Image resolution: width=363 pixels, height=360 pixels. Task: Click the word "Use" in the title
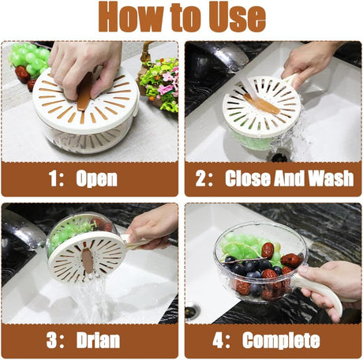tap(237, 17)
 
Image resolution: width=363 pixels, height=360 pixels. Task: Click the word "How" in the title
tap(131, 17)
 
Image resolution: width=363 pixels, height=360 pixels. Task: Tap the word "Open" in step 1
tap(96, 180)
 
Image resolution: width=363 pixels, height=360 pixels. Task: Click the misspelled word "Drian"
tap(98, 340)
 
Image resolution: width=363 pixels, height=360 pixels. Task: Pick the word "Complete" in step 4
tap(281, 341)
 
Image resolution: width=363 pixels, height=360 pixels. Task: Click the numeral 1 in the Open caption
tap(53, 178)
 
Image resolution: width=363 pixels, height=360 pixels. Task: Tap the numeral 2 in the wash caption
tap(201, 178)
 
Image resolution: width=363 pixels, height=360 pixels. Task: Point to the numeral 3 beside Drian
tap(52, 340)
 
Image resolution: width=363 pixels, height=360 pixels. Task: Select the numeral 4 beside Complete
tap(219, 340)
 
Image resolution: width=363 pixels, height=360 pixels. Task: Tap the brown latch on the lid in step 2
tap(262, 103)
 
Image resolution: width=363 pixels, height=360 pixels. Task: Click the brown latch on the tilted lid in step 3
tap(88, 261)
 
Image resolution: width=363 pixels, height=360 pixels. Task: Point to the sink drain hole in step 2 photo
tap(279, 156)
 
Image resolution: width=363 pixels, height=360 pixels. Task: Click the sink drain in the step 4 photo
tap(193, 311)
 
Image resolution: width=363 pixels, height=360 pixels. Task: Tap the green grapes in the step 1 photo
tap(29, 58)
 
